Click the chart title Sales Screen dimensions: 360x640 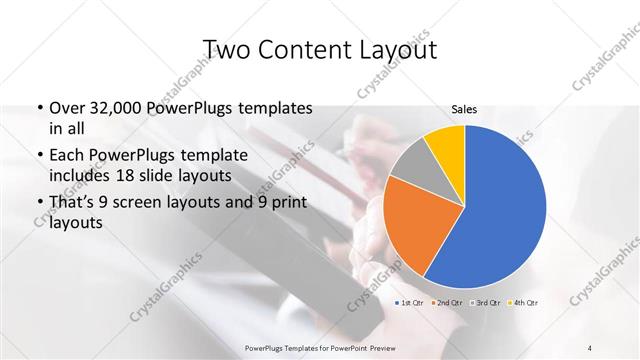tap(464, 109)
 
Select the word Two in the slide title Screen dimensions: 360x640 tap(225, 50)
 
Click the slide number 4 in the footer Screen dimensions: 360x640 tap(590, 346)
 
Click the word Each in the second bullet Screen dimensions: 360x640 tap(67, 156)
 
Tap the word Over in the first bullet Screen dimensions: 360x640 tap(67, 108)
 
